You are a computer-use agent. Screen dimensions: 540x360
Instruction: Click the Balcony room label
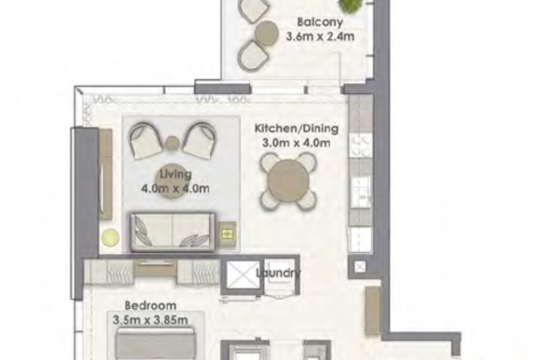[320, 22]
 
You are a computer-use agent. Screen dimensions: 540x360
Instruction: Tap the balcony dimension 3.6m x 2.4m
[320, 36]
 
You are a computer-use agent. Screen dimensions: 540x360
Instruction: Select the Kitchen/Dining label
[296, 129]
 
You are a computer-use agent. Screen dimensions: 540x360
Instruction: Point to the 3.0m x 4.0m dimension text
[296, 143]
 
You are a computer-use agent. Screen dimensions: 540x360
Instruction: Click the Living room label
[175, 174]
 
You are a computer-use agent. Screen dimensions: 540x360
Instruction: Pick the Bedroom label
[151, 305]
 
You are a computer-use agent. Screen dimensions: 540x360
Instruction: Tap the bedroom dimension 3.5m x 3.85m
[150, 320]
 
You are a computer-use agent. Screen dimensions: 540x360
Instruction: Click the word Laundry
[278, 273]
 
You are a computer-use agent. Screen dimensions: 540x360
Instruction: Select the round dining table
[288, 180]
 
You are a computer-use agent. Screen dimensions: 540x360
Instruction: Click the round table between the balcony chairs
[267, 33]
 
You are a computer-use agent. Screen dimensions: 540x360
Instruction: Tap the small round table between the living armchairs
[173, 143]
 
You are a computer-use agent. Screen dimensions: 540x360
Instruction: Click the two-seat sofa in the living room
[173, 232]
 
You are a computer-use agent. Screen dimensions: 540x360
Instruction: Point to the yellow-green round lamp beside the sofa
[110, 237]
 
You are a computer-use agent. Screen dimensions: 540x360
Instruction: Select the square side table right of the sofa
[227, 234]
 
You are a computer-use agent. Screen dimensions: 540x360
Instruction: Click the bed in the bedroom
[155, 344]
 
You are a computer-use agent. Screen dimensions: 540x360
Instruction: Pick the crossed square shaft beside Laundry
[243, 276]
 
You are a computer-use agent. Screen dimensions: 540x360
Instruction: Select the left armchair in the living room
[145, 140]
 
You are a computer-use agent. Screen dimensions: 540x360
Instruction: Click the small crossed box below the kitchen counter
[360, 267]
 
